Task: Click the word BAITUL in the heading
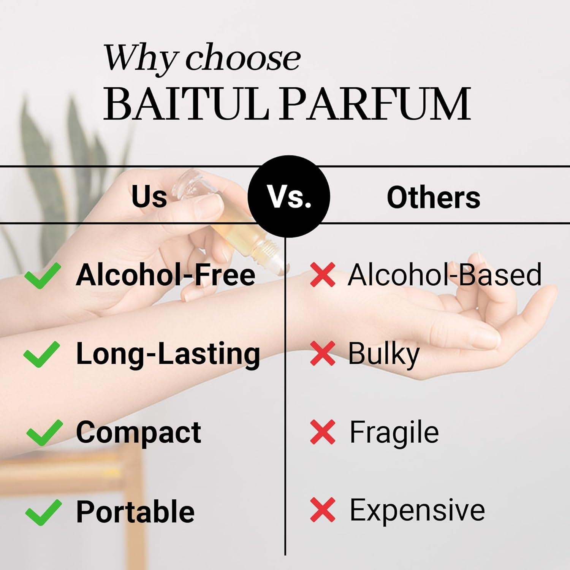coord(186,104)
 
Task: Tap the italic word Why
coord(141,59)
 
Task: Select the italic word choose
coord(243,59)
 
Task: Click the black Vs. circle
coord(289,197)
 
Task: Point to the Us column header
coord(149,197)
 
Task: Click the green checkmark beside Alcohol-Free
coord(42,275)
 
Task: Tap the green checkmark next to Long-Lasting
coord(42,354)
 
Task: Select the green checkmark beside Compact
coord(44,432)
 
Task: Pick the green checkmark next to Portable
coord(43,512)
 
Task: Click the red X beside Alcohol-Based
coord(323,274)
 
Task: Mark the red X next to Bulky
coord(323,353)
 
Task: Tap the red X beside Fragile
coord(323,432)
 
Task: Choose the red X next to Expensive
coord(323,510)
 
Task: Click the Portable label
coord(135,512)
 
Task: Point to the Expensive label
coord(417,510)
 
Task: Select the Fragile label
coord(394,432)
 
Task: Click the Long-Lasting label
coord(168,354)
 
